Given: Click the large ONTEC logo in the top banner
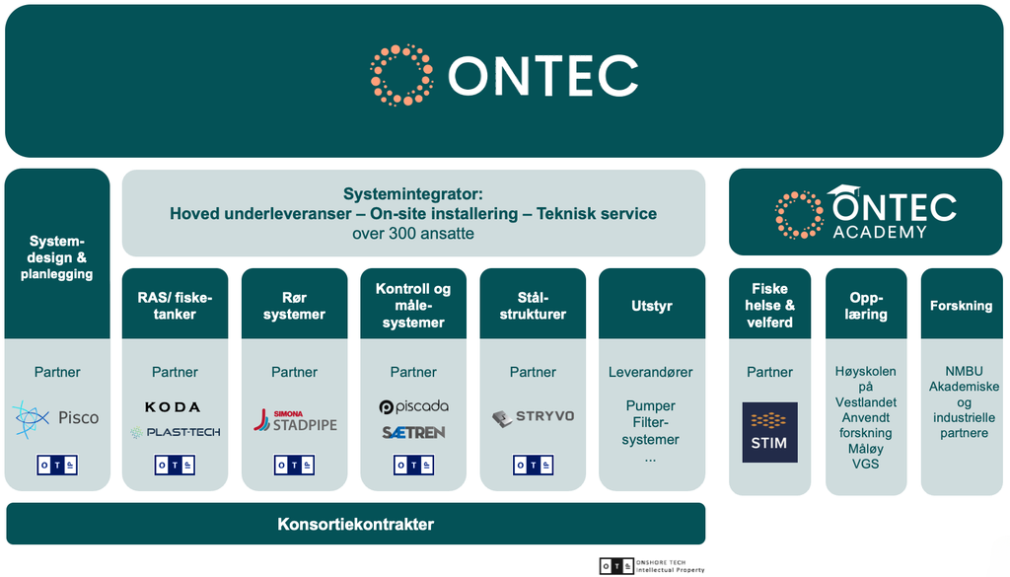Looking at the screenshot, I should click(504, 75).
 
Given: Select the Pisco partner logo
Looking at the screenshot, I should click(56, 418).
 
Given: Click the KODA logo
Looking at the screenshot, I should click(173, 407).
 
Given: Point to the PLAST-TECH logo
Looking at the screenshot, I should click(175, 432).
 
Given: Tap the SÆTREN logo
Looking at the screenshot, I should click(413, 432).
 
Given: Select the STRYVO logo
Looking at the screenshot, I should click(533, 417).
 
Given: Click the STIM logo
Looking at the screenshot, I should click(769, 432).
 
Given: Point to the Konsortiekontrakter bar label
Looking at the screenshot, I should click(355, 524).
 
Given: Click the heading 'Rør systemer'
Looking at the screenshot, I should click(294, 306).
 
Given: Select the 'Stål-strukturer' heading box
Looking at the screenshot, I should click(533, 306).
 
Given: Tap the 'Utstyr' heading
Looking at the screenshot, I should click(651, 306).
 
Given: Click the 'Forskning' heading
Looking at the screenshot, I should click(961, 306).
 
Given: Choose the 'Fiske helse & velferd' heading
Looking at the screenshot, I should click(769, 306).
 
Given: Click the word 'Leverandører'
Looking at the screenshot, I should click(651, 372).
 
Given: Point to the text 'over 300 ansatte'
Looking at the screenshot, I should click(413, 234).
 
